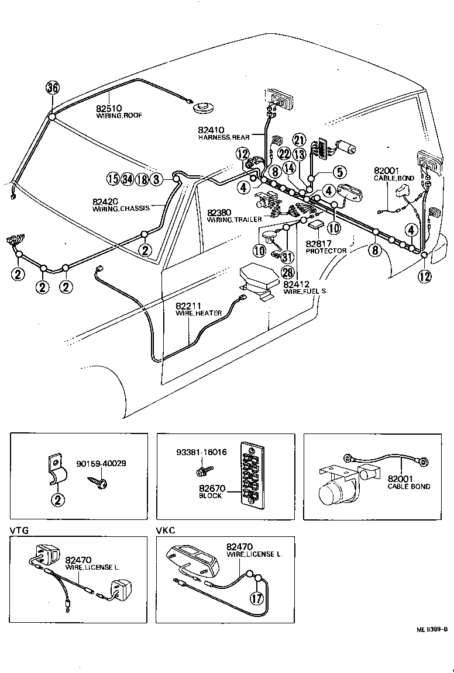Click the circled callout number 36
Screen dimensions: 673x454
click(x=53, y=88)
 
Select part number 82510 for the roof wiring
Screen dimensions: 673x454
click(x=109, y=109)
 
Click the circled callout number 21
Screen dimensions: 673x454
click(x=300, y=140)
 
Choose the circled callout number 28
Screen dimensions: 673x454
click(x=287, y=273)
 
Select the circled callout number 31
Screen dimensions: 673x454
click(x=287, y=257)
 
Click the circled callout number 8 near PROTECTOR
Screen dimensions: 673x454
click(x=375, y=251)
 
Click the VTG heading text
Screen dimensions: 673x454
click(x=19, y=530)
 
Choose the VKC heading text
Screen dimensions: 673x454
click(x=166, y=530)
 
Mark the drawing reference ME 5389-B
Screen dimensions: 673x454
click(x=432, y=629)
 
